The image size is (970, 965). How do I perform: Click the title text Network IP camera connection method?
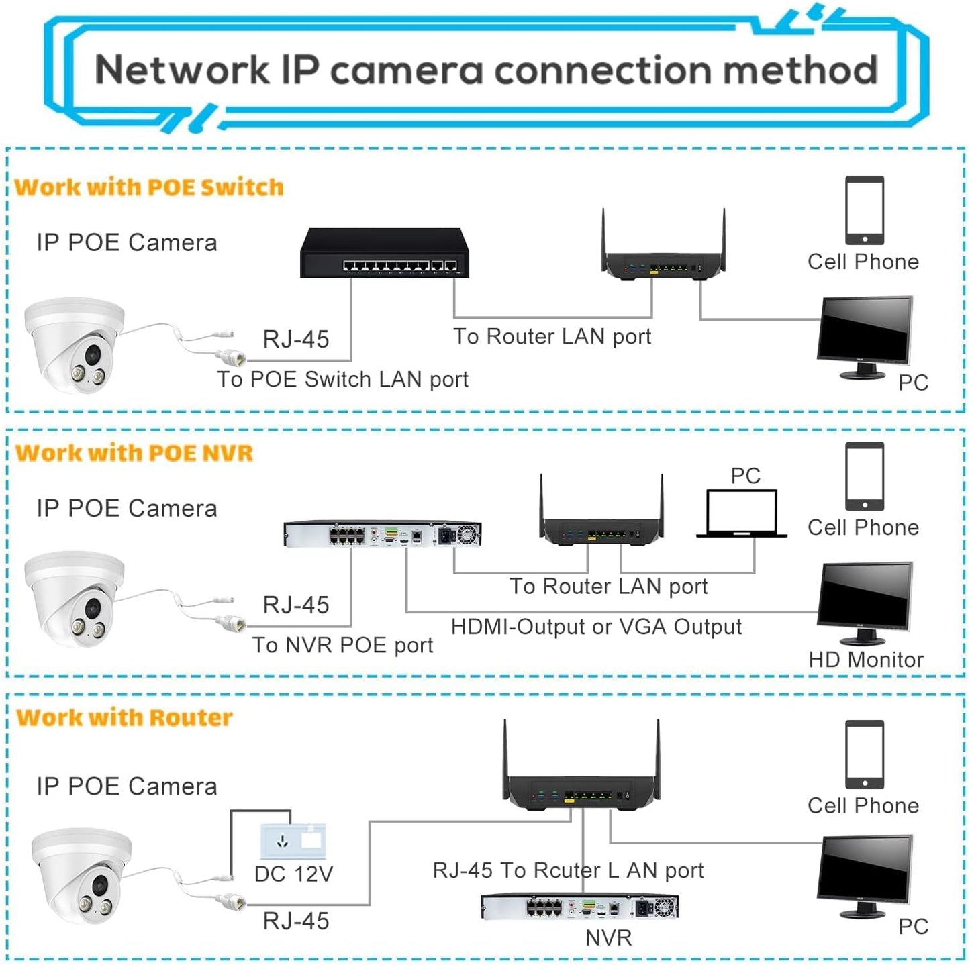[486, 70]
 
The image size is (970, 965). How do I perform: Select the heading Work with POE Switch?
[149, 187]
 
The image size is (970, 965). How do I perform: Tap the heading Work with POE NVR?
[134, 453]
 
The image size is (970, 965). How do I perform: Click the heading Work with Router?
[124, 717]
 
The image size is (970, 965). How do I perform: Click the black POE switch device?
[384, 254]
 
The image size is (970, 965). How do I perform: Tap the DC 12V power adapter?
[293, 841]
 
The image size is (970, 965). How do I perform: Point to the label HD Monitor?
[865, 660]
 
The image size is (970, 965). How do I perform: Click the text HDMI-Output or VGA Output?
[596, 627]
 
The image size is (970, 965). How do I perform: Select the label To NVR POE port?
[342, 645]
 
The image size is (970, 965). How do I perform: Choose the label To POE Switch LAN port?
[342, 379]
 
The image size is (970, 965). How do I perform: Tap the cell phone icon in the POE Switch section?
[865, 210]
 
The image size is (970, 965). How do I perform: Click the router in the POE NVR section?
[601, 517]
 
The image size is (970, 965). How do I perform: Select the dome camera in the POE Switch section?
[74, 344]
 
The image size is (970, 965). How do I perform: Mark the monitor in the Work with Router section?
[865, 874]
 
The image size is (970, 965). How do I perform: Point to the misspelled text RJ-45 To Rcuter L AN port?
[568, 870]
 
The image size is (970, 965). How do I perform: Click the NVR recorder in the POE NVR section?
[383, 534]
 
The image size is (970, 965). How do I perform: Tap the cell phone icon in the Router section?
[865, 754]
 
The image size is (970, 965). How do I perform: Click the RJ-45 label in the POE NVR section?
[296, 605]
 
